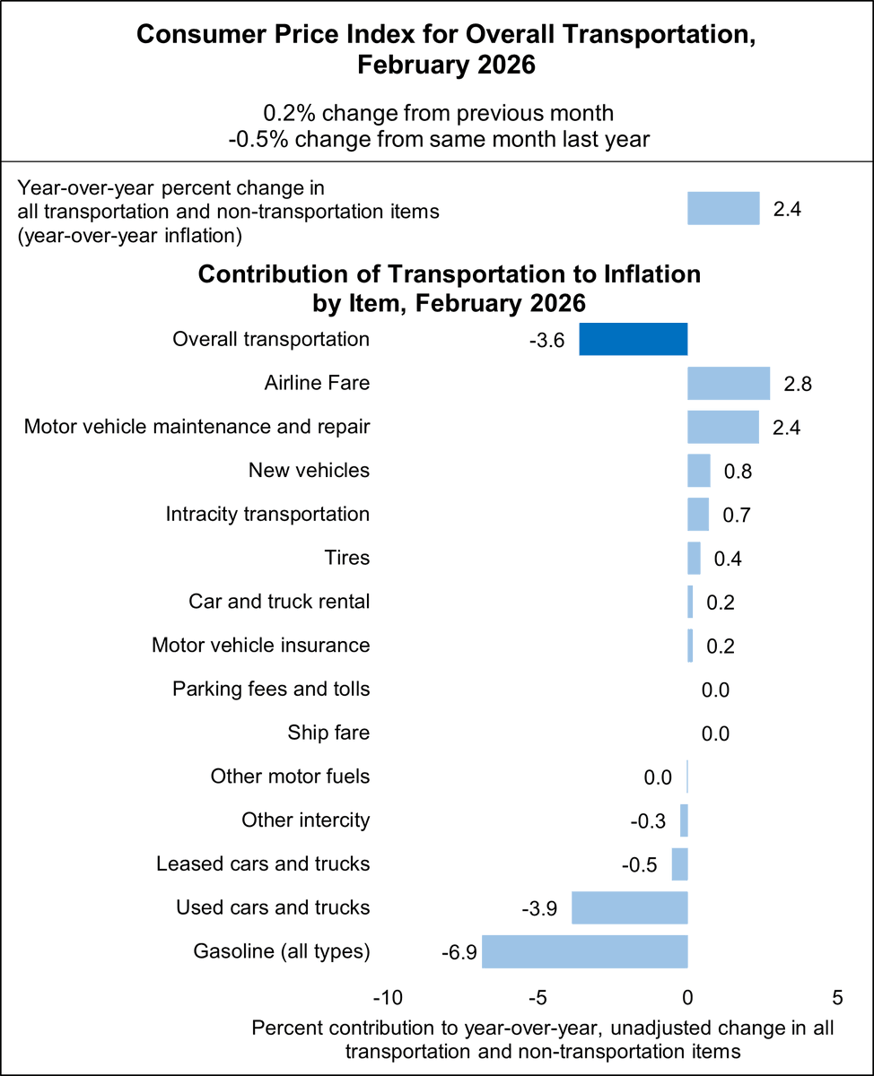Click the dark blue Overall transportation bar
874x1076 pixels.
634,340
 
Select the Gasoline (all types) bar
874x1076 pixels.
585,951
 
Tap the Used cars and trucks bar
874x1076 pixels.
630,907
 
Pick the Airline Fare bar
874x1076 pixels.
729,383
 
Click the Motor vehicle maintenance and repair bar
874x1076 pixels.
723,427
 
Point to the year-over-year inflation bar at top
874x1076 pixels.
723,209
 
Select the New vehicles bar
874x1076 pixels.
699,471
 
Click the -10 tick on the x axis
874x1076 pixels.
387,998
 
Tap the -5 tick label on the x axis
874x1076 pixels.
538,998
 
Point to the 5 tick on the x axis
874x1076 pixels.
837,998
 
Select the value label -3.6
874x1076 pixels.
546,341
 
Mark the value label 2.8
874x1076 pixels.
797,384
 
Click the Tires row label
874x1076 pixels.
346,558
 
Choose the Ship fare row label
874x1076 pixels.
328,733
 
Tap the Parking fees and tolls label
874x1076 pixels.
271,690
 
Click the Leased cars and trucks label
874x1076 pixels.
263,863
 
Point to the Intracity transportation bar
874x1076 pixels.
698,515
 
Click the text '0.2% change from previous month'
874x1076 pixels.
438,114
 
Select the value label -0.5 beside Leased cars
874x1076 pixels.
640,865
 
